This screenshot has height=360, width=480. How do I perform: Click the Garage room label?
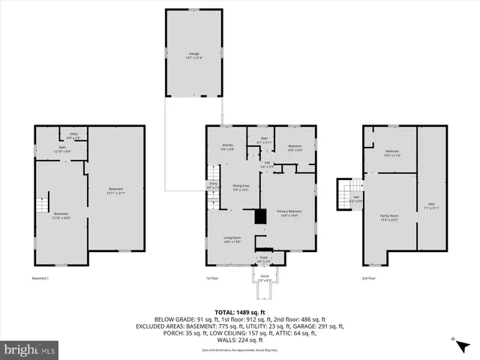tap(193, 55)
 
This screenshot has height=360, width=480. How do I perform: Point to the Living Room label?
tap(232, 240)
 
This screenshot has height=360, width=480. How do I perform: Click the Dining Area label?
tap(241, 187)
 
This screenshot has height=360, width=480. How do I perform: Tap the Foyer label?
tap(264, 260)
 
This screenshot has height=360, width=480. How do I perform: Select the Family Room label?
tap(389, 217)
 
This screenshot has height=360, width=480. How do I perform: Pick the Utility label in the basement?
tap(73, 136)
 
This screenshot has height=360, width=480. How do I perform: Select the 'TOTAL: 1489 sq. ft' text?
tap(239, 311)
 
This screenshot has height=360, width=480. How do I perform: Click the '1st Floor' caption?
tap(212, 279)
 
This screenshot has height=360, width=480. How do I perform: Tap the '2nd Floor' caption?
tap(368, 279)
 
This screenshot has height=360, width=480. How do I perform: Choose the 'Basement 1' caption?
tap(40, 279)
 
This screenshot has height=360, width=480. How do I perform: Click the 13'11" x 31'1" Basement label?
tap(115, 190)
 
